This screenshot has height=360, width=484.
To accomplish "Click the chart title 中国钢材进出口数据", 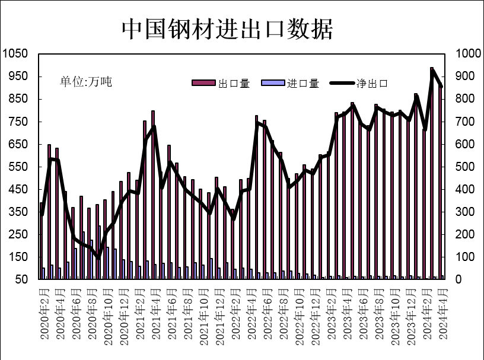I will (x=227, y=28).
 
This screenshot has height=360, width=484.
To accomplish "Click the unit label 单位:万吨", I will (x=86, y=82).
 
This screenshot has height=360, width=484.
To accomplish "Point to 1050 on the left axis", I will (x=15, y=54).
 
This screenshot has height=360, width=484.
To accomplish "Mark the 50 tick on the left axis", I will (x=21, y=279).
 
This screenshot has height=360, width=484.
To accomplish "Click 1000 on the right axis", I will (x=468, y=54).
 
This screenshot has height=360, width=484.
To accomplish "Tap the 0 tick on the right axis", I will (x=459, y=279).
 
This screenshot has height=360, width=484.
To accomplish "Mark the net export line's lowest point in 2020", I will (x=98, y=257).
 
